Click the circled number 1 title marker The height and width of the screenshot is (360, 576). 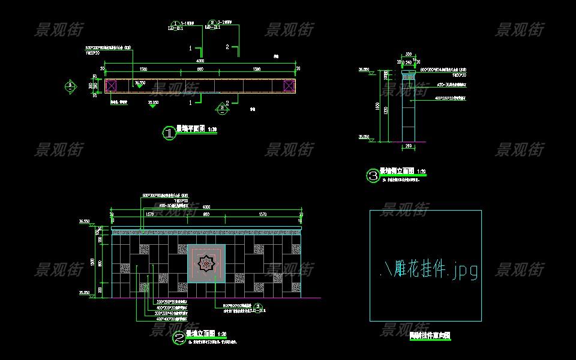point(169,134)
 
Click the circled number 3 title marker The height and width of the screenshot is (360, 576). point(373,176)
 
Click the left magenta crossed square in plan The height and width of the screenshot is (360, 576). point(112,85)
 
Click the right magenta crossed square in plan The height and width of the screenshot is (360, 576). point(289,85)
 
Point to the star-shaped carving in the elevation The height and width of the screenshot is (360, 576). point(206,263)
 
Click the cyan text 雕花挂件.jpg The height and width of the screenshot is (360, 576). point(429,270)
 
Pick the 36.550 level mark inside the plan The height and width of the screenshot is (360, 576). point(140,83)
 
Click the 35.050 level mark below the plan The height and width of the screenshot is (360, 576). point(154,103)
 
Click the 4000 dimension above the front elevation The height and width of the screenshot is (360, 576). point(206,208)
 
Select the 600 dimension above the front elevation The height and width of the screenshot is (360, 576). point(206,214)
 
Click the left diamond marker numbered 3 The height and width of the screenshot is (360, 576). point(71,86)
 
